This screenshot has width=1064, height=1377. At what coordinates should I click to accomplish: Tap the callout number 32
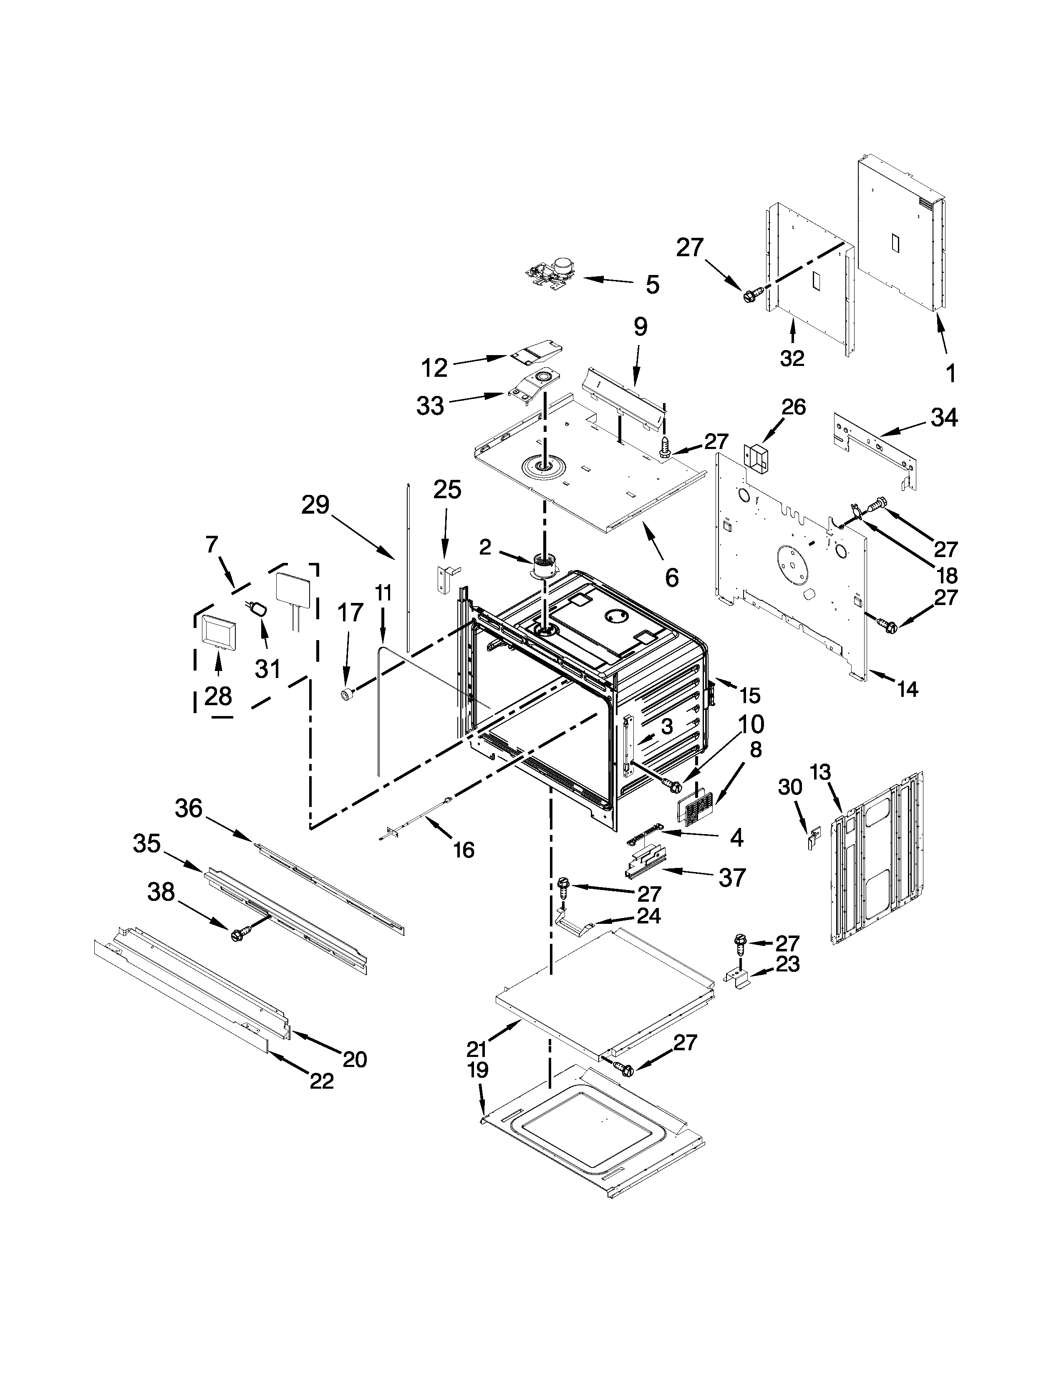click(x=792, y=358)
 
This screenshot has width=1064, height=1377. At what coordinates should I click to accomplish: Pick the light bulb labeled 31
click(x=258, y=608)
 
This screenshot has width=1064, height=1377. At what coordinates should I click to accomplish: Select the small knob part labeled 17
click(x=346, y=694)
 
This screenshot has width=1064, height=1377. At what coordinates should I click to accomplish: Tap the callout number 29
click(x=315, y=504)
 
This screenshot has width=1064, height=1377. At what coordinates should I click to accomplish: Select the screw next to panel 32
click(x=752, y=293)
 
